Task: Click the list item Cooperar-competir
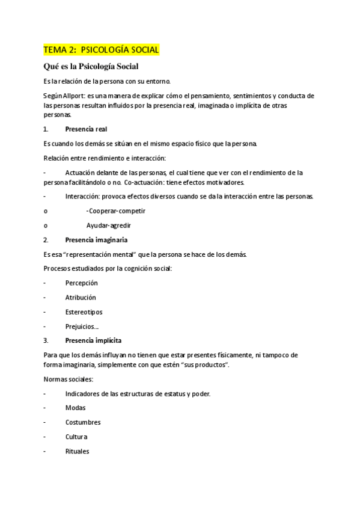(116, 211)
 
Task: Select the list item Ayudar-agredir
(109, 226)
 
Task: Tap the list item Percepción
(81, 283)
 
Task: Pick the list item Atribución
(81, 297)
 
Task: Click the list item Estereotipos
(84, 312)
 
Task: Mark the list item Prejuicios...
(82, 326)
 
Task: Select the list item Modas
(76, 408)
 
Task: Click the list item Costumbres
(83, 422)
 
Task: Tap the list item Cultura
(76, 437)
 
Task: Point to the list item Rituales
(78, 451)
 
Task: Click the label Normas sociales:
(69, 379)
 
